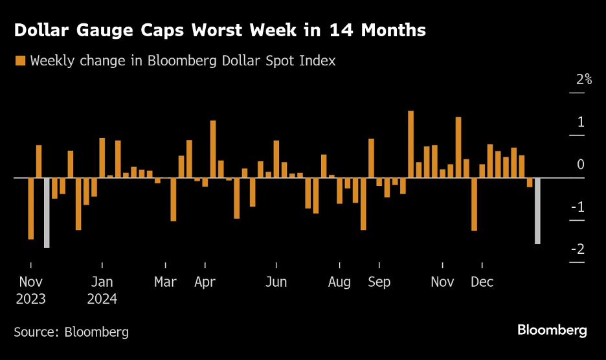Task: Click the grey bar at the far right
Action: click(537, 210)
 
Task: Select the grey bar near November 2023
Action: click(47, 212)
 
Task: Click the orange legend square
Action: click(20, 61)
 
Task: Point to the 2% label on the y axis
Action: click(584, 80)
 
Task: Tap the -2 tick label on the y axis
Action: click(580, 249)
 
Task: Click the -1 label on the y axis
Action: click(580, 207)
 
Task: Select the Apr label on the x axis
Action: click(205, 282)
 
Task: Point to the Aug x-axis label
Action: click(339, 282)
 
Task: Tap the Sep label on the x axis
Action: click(379, 282)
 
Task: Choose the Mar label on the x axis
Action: click(165, 282)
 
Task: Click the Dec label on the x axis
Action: click(482, 282)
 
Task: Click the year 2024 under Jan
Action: click(102, 299)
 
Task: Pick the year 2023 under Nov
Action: click(30, 299)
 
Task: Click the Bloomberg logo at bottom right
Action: click(552, 330)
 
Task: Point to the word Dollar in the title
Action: click(43, 30)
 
